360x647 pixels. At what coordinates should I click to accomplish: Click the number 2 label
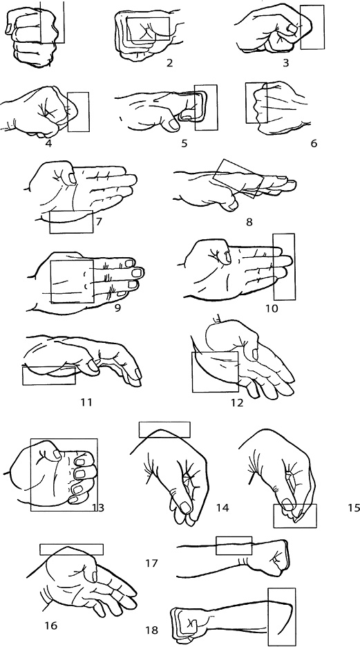pos(169,63)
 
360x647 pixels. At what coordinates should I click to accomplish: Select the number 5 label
pos(184,143)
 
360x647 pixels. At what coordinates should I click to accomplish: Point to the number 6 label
pos(314,144)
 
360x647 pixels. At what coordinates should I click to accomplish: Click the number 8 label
pos(249,223)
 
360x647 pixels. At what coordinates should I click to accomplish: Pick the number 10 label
pos(272,308)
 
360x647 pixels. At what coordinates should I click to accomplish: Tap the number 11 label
pos(86,402)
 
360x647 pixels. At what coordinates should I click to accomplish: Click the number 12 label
pos(238,402)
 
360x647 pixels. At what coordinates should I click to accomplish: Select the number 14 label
pos(222,507)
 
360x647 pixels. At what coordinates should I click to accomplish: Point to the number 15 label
pos(354,507)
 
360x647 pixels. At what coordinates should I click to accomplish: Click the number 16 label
pos(50,626)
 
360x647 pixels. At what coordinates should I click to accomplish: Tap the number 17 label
pos(152,563)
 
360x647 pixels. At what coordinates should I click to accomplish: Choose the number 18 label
pos(152,630)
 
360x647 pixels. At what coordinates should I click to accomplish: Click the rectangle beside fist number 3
pos(312,27)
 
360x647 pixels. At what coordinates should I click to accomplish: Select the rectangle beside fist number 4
pos(78,112)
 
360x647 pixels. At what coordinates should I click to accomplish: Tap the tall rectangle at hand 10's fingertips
pos(285,267)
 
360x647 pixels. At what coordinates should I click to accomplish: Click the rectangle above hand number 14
pos(164,429)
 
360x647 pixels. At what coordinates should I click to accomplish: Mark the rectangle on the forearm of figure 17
pos(234,545)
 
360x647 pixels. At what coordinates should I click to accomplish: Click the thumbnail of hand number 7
pos(72,178)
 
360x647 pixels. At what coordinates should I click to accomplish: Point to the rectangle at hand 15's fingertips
pos(295,516)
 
